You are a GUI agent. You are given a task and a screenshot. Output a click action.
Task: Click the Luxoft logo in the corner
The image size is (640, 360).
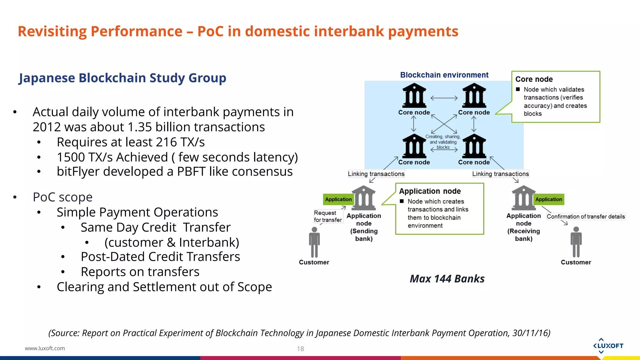click(608, 346)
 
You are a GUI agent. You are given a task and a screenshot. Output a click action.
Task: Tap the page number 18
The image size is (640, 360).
click(300, 349)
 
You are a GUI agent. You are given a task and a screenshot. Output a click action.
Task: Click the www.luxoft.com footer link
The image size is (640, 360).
click(45, 348)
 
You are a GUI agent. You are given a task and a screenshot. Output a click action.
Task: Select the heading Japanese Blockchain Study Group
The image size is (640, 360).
click(122, 78)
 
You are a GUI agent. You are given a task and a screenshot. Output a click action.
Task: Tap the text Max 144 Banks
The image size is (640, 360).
click(447, 278)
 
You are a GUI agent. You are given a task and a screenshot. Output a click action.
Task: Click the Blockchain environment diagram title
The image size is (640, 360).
click(444, 75)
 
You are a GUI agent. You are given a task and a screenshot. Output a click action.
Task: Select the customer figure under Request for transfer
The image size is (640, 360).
click(314, 242)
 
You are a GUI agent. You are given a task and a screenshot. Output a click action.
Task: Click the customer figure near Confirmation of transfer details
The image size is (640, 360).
click(576, 242)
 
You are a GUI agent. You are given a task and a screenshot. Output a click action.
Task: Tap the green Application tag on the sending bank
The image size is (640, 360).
click(338, 199)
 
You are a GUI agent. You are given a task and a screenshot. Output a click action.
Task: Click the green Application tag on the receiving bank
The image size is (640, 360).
click(548, 199)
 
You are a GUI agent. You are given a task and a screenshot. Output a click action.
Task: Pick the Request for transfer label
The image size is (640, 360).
click(327, 216)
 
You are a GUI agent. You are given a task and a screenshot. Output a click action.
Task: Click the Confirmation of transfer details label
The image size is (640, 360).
click(586, 217)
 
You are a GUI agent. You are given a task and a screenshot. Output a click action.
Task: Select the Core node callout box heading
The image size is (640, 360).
click(534, 79)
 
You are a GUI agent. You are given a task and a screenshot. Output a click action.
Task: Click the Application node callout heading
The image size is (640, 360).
click(430, 191)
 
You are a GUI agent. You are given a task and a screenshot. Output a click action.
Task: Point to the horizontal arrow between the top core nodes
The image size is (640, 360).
click(444, 98)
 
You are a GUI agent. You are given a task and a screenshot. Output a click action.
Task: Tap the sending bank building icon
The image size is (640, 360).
click(363, 198)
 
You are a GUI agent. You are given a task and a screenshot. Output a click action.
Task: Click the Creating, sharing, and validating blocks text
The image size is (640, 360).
click(443, 142)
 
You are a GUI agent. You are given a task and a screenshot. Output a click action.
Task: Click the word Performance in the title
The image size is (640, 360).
click(136, 32)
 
